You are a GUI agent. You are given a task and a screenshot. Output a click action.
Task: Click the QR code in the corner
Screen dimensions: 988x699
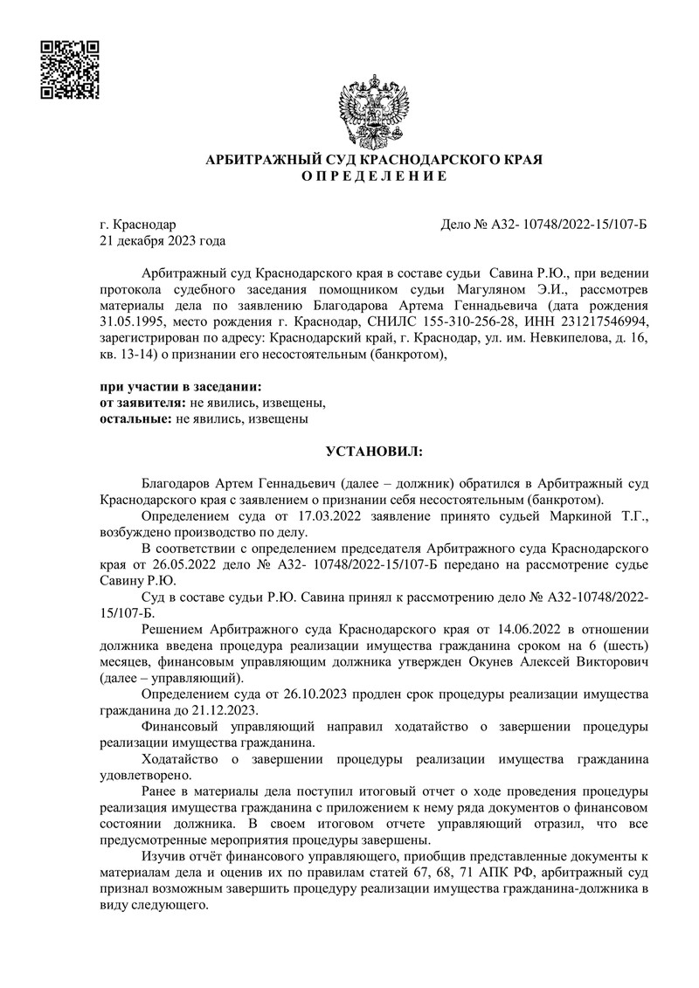click(x=72, y=69)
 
